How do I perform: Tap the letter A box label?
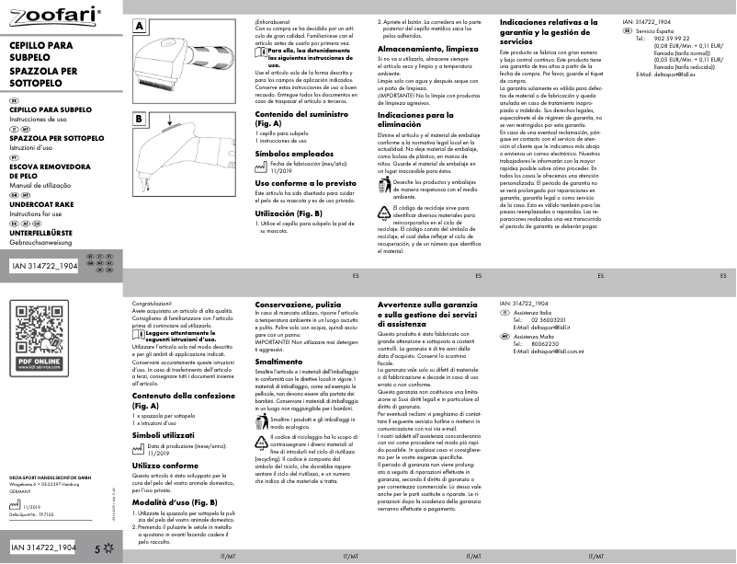(140, 27)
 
